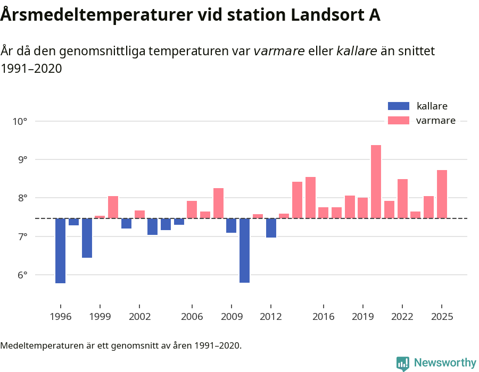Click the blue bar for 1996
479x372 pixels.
(61, 250)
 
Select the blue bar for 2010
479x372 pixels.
(245, 250)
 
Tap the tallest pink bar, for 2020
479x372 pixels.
(376, 181)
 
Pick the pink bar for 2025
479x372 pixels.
(442, 194)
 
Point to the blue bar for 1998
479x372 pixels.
(87, 238)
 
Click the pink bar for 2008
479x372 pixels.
(218, 203)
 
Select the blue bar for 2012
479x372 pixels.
(271, 227)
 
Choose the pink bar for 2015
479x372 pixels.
(310, 197)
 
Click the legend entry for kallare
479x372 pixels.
(431, 106)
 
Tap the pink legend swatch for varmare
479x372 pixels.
(399, 121)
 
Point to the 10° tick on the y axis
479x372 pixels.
(20, 121)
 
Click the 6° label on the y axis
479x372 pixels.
(20, 275)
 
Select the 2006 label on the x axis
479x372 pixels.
(192, 317)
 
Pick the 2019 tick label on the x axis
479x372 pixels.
(362, 317)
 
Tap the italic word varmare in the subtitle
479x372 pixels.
(279, 51)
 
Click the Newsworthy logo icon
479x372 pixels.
(403, 363)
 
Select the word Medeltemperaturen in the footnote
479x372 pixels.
(37, 345)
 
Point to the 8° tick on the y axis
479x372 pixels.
(20, 198)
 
